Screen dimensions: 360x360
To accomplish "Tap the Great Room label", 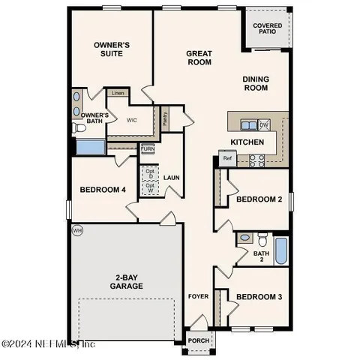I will tap(199, 58).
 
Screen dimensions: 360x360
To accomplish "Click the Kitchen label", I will tap(246, 142).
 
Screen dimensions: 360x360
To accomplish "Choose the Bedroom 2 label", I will tap(259, 199).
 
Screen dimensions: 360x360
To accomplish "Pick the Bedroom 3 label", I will tap(259, 297).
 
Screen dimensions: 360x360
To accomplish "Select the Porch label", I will tap(199, 340).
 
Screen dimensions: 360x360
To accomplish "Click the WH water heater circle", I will tap(76, 230).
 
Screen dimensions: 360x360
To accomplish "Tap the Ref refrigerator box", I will tap(226, 158).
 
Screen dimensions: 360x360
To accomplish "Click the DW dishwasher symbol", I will tap(264, 125).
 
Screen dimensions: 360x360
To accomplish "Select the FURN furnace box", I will tap(148, 148).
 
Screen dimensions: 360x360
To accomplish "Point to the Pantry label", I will tap(166, 117).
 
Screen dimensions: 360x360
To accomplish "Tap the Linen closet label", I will tap(117, 93).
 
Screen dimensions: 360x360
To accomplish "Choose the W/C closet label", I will tap(130, 120).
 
